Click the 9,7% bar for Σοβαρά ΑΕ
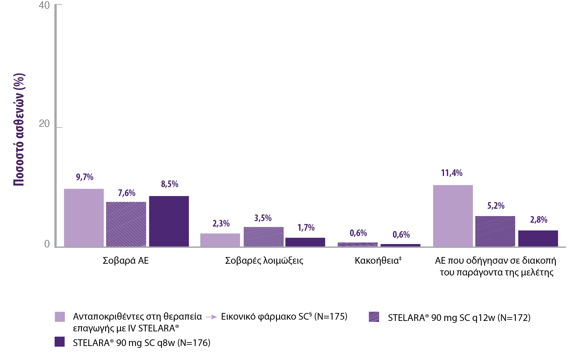pyautogui.click(x=84, y=218)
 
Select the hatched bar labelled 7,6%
pyautogui.click(x=126, y=224)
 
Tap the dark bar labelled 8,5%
pyautogui.click(x=169, y=221)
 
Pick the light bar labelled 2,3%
pyautogui.click(x=220, y=240)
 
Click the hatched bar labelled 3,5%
pyautogui.click(x=264, y=237)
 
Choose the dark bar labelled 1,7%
pyautogui.click(x=305, y=242)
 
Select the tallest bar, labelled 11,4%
pyautogui.click(x=453, y=216)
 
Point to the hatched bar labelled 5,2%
pyautogui.click(x=495, y=231)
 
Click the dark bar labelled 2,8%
pyautogui.click(x=538, y=238)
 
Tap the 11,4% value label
pyautogui.click(x=452, y=173)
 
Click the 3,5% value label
pyautogui.click(x=263, y=218)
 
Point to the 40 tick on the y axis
pyautogui.click(x=44, y=5)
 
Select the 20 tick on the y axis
pyautogui.click(x=44, y=124)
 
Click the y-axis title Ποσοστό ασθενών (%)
pyautogui.click(x=19, y=130)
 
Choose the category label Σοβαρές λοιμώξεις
pyautogui.click(x=264, y=261)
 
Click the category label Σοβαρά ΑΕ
pyautogui.click(x=126, y=261)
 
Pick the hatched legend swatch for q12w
pyautogui.click(x=374, y=317)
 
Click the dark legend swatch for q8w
pyautogui.click(x=60, y=342)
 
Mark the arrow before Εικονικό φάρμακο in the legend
pyautogui.click(x=211, y=317)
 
